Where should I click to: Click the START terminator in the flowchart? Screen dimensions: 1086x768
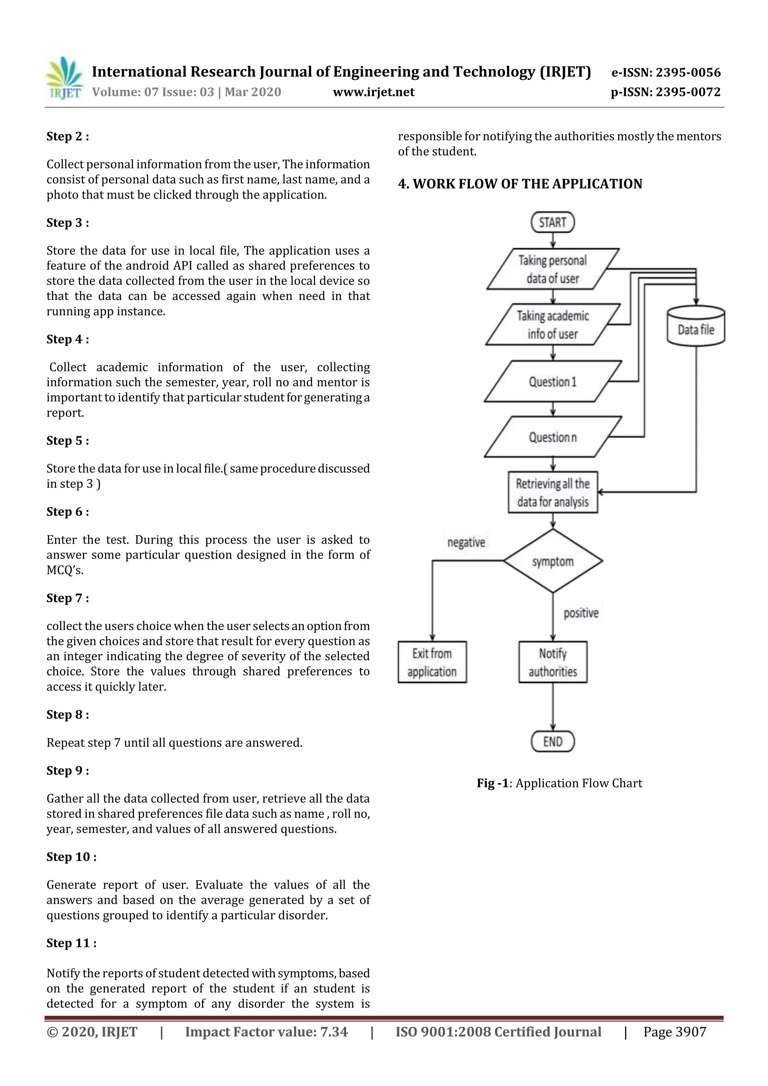coord(552,222)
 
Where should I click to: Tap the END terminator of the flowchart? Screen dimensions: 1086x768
coord(552,741)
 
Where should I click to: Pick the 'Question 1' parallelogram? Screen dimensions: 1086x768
coord(552,381)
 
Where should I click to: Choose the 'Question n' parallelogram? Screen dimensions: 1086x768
coord(552,437)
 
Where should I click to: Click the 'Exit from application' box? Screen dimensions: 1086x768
coord(432,662)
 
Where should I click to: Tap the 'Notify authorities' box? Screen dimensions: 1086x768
coord(553,662)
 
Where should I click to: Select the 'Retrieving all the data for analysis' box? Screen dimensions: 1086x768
coord(553,492)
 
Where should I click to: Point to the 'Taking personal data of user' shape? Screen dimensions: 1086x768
coord(552,269)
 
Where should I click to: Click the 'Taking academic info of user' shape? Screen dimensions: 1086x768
coord(552,325)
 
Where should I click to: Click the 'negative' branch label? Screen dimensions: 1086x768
coord(466,542)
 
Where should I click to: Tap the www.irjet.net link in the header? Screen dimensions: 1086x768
coord(373,92)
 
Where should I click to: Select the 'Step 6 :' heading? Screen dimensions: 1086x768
coord(67,511)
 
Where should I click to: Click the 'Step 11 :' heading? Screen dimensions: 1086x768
coord(72,943)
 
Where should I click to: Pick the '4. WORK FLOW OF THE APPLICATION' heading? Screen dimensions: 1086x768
coord(520,184)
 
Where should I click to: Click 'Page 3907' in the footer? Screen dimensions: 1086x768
coord(674,1032)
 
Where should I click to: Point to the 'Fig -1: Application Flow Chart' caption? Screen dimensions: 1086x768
coord(559,783)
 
